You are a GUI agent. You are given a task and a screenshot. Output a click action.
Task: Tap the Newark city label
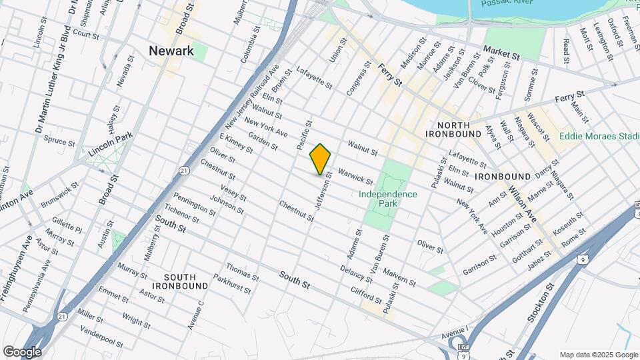(x=171, y=51)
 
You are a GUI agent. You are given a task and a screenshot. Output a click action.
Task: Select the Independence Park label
(x=388, y=199)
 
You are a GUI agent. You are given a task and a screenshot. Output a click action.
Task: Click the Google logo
(x=21, y=351)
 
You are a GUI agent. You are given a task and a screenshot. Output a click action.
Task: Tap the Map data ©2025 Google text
(x=598, y=354)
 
